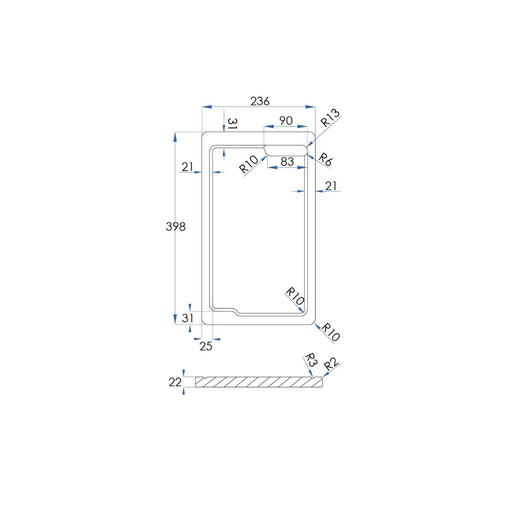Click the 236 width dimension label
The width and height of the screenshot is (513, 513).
[x=260, y=101]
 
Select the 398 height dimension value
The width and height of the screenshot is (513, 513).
[x=175, y=227]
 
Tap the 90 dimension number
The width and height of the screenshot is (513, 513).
[x=286, y=121]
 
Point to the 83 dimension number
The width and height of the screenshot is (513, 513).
[x=287, y=162]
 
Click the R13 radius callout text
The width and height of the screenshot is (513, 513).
[x=330, y=118]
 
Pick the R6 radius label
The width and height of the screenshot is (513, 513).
[x=325, y=159]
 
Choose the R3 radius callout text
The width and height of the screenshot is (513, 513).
[x=311, y=360]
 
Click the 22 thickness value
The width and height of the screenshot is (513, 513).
[x=175, y=382]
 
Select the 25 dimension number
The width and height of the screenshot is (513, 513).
[x=206, y=346]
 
